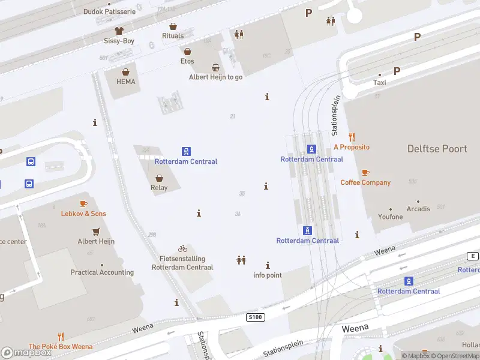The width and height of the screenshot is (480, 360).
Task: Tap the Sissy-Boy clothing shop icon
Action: coord(119,31)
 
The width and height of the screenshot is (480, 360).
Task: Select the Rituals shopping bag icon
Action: coord(173,26)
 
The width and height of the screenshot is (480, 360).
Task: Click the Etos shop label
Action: coord(187,61)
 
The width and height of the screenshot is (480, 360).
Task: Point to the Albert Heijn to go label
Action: coord(215,77)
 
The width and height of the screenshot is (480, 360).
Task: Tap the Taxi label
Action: coord(380,83)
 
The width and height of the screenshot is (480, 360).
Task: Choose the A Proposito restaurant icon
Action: coord(352,137)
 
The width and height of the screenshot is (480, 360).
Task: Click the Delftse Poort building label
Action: coord(437,149)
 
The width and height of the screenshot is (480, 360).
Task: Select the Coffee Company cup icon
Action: coord(365,173)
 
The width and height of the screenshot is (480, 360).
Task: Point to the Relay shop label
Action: coord(159,188)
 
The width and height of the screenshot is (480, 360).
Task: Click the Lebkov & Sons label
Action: coord(83,214)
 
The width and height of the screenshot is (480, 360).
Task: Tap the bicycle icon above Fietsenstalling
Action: coord(182,248)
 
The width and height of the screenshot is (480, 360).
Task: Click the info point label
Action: coord(268,275)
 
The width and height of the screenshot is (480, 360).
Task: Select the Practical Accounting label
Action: coord(102,272)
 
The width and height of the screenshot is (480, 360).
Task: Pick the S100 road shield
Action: coord(256,317)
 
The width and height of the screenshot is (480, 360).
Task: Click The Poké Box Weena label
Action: coord(61,347)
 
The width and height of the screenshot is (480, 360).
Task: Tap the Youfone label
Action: coord(391,217)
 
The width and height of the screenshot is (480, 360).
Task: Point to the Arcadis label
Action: coord(418,209)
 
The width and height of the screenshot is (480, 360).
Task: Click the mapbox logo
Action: coord(26,353)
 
